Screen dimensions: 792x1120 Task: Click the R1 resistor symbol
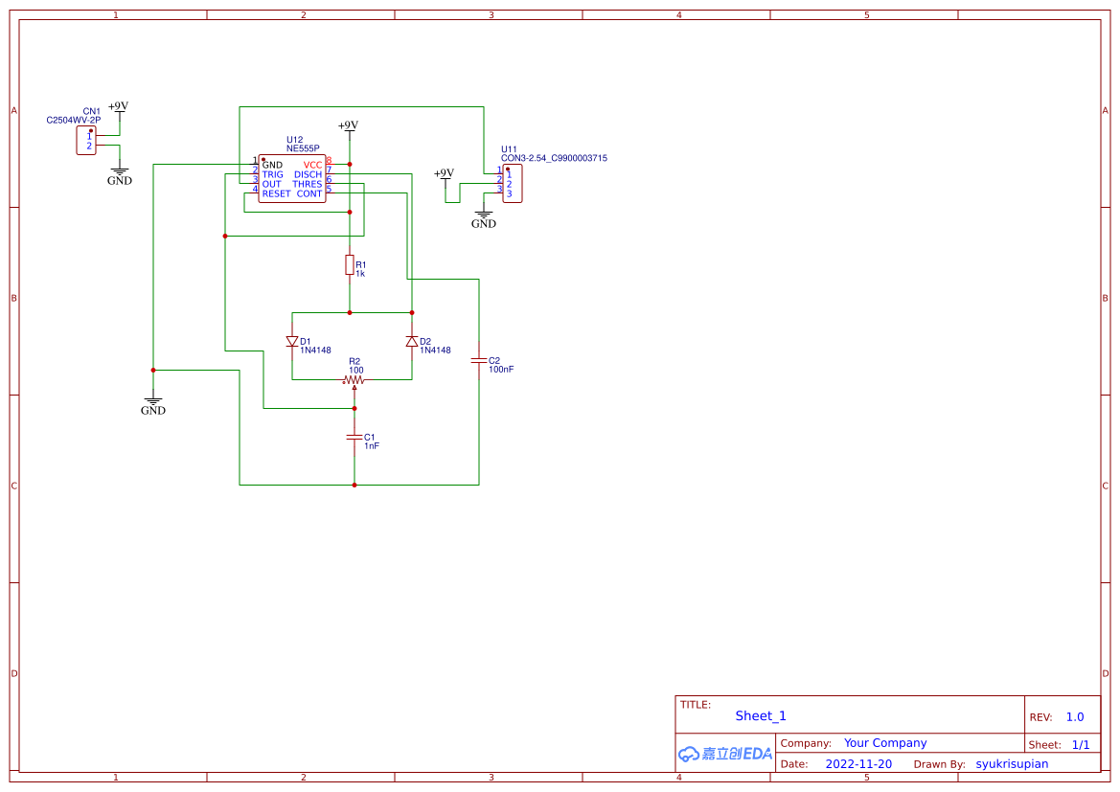[350, 265]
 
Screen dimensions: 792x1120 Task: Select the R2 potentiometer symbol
[354, 380]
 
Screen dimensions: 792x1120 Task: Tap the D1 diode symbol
[292, 341]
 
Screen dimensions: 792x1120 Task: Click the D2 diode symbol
[412, 341]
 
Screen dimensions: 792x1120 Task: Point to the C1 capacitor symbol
[354, 438]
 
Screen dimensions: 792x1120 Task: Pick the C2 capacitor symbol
[479, 361]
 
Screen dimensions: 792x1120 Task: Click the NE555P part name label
[303, 148]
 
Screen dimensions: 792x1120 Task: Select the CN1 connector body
[86, 142]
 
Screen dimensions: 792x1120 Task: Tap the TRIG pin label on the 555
[273, 174]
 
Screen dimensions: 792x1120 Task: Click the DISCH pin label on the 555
[308, 174]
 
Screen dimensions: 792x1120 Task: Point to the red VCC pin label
[312, 165]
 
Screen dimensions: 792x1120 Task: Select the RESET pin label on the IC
[276, 193]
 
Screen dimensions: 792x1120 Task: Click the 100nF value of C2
[501, 369]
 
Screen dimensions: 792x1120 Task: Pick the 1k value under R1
[360, 274]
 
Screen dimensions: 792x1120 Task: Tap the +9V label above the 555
[348, 125]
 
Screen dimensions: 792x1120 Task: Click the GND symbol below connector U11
[484, 219]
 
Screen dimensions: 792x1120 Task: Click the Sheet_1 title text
[761, 715]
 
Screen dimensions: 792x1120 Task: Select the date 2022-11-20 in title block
[858, 764]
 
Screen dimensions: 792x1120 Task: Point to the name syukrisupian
[1012, 764]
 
